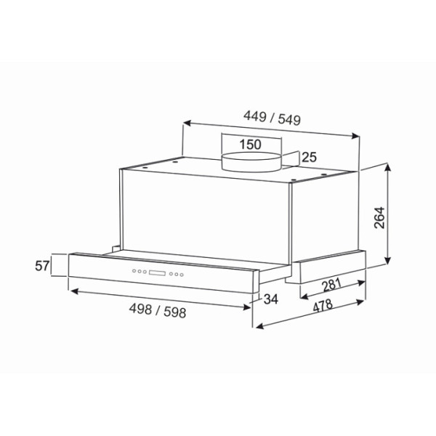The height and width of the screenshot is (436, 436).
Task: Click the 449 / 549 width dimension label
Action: click(272, 118)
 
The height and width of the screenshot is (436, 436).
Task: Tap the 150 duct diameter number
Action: click(250, 145)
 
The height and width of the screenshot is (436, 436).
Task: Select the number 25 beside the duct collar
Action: click(309, 158)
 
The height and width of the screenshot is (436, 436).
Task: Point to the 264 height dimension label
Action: click(379, 218)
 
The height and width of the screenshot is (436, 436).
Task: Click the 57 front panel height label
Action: click(42, 266)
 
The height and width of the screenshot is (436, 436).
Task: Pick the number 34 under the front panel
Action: click(270, 299)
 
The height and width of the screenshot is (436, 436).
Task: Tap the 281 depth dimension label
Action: click(331, 285)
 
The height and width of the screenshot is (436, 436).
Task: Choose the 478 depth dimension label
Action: click(323, 306)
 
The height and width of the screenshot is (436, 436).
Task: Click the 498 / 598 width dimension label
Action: click(158, 310)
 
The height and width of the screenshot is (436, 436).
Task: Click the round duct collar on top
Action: click(251, 162)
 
